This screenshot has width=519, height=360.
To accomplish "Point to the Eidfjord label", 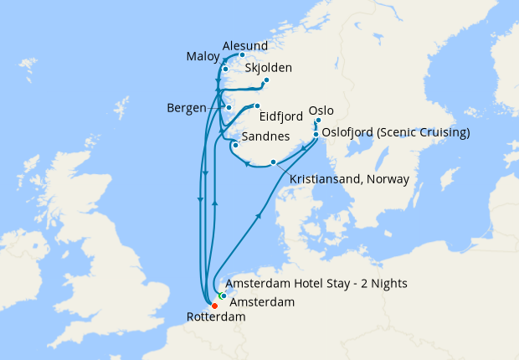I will (282, 118).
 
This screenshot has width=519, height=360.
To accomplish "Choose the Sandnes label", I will (265, 136).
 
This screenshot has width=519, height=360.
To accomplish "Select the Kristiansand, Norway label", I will (348, 179).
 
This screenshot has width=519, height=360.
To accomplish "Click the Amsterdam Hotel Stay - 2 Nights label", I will (316, 284).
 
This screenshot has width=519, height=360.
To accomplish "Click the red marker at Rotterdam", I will (214, 306).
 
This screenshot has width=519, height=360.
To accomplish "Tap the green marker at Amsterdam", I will (221, 296).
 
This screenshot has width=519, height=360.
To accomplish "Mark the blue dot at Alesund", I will (242, 55).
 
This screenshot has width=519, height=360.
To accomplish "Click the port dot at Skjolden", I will (266, 80).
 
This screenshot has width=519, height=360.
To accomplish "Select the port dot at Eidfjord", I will (258, 106).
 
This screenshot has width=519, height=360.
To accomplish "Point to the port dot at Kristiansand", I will (273, 162).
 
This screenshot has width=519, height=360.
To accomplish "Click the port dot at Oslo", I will (317, 121).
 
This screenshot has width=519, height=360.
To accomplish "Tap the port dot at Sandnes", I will (235, 145).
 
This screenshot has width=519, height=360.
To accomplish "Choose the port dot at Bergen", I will (229, 109).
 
